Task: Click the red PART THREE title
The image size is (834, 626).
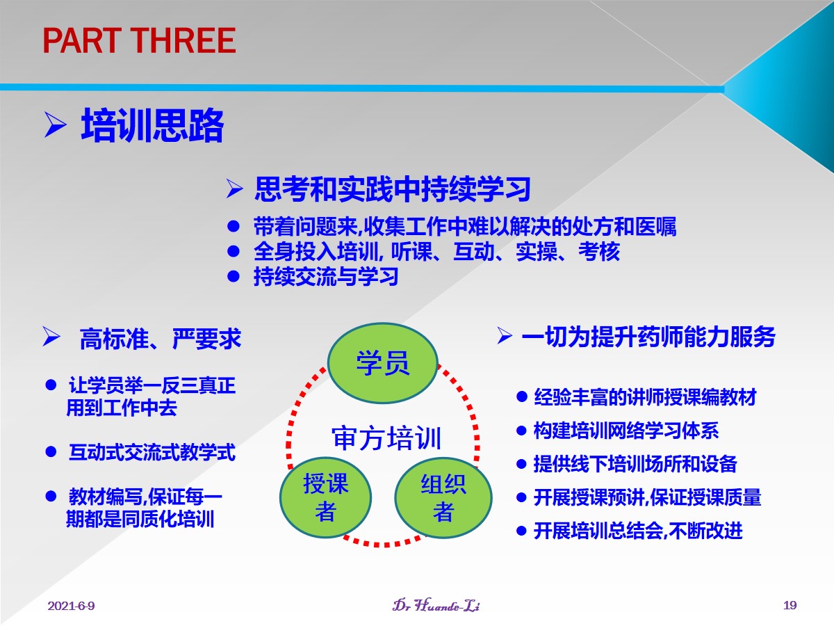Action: click(139, 40)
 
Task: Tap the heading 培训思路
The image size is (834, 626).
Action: click(152, 125)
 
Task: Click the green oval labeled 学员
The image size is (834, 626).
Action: click(383, 363)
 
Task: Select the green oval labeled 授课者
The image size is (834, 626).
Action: click(326, 497)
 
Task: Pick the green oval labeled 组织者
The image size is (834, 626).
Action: click(443, 497)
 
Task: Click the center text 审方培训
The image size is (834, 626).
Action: click(386, 438)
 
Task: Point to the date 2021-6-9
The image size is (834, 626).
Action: click(71, 605)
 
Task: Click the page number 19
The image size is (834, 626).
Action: click(790, 604)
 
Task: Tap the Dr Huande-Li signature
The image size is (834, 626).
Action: click(436, 604)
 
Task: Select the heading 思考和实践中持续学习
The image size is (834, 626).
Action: click(393, 189)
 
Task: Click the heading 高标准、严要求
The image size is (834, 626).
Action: click(161, 338)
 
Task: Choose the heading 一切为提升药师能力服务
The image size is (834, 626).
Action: click(648, 337)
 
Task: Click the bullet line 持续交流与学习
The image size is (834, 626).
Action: click(326, 276)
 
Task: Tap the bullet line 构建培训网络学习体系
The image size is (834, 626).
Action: click(625, 431)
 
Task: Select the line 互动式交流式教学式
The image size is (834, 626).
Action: click(152, 452)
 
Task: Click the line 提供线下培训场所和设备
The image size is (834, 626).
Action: click(635, 464)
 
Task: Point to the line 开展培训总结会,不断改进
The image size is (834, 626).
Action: click(638, 531)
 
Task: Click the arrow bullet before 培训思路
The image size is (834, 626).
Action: click(56, 125)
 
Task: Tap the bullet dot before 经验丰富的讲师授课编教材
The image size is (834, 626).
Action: click(522, 397)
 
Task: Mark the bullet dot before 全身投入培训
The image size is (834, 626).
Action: click(233, 251)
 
